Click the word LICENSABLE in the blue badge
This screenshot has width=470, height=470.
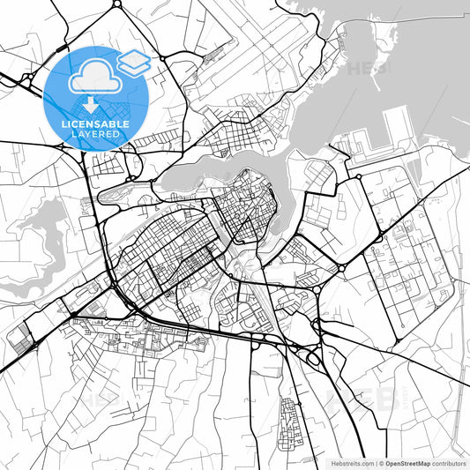point(95,124)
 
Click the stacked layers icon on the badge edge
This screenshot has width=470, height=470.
point(134,62)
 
